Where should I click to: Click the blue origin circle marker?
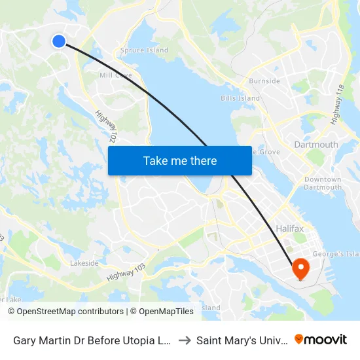[x=59, y=41]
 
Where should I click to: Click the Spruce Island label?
[x=144, y=50]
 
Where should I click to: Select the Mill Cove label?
[x=115, y=75]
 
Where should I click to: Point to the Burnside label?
[x=264, y=81]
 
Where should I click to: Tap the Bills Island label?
[x=240, y=99]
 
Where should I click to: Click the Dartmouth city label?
[x=316, y=145]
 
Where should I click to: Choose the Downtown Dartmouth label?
[x=323, y=183]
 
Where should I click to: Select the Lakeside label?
[x=84, y=263]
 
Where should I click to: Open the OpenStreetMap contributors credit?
[x=65, y=312]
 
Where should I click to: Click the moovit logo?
[x=321, y=339]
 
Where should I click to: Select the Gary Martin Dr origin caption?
[x=92, y=340]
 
